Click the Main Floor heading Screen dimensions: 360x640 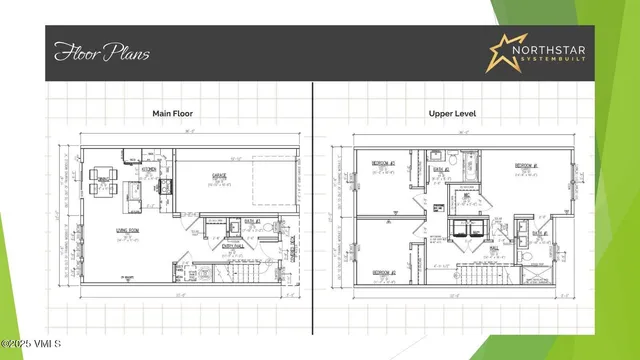[171, 114]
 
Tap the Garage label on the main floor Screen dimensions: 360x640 [218, 176]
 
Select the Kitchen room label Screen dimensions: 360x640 [148, 169]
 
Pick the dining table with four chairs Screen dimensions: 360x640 [103, 183]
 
